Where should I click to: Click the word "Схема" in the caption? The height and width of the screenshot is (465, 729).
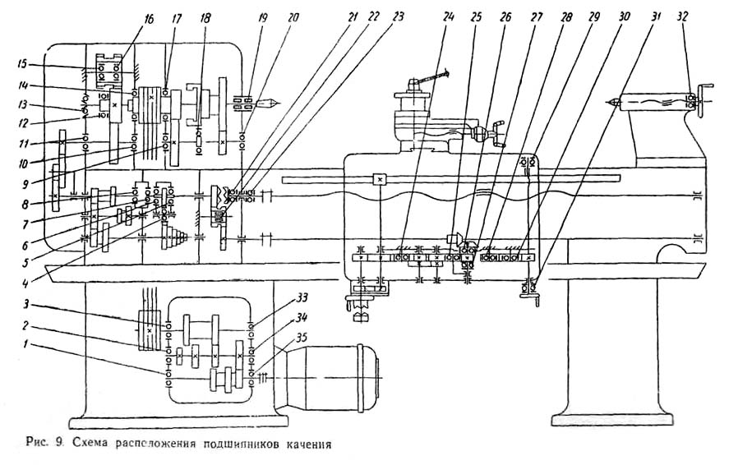click(90, 447)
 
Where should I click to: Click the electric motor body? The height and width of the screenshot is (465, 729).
click(337, 375)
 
